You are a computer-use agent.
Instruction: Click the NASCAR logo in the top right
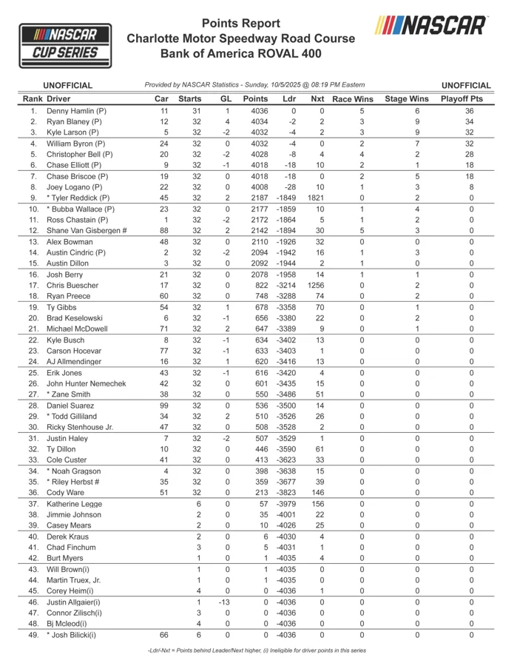click(430, 25)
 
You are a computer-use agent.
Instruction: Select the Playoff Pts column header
click(461, 98)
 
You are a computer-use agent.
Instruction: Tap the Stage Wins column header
click(407, 98)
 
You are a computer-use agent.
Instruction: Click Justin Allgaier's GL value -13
click(226, 603)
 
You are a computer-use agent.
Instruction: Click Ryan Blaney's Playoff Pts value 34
click(469, 121)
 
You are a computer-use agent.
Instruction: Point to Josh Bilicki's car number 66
click(165, 634)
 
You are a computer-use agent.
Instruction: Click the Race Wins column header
click(352, 98)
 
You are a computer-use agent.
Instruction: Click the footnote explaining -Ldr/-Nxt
click(256, 650)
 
